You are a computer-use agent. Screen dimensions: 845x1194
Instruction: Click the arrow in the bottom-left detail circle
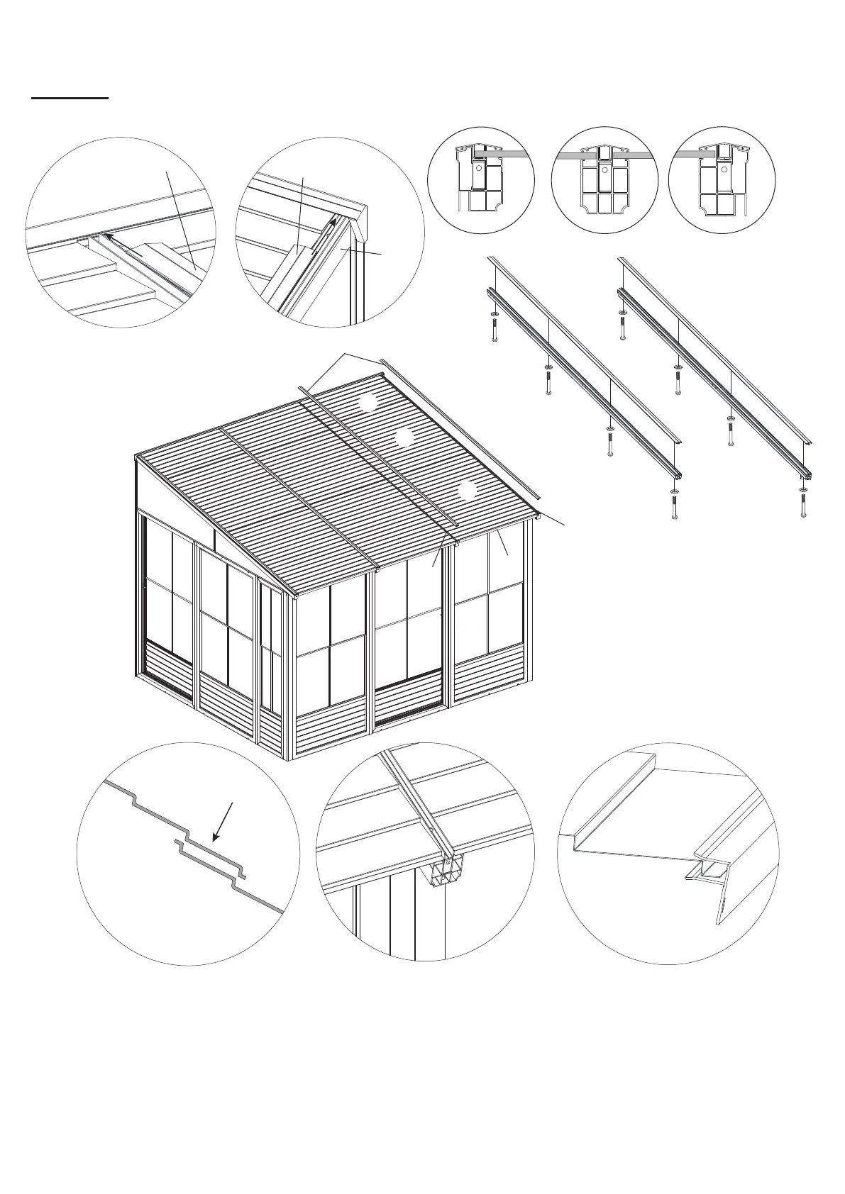coord(223,822)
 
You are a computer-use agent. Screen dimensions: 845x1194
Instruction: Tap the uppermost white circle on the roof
coord(368,403)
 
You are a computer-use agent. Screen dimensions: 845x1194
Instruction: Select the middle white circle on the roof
coord(404,437)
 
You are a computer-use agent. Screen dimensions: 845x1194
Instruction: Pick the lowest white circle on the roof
coord(466,491)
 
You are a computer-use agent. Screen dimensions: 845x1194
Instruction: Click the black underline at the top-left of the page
coord(70,98)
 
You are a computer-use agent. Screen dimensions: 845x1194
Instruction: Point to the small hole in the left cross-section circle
coord(479,169)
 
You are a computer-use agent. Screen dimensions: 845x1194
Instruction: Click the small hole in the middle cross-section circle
coord(604,169)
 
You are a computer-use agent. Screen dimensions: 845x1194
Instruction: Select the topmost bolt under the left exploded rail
coord(494,329)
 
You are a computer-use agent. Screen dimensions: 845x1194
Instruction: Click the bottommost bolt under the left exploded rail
coord(674,506)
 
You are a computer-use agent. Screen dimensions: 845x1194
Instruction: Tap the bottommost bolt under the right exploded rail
coord(802,505)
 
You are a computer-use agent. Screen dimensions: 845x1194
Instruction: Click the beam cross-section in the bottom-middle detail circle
coord(444,869)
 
